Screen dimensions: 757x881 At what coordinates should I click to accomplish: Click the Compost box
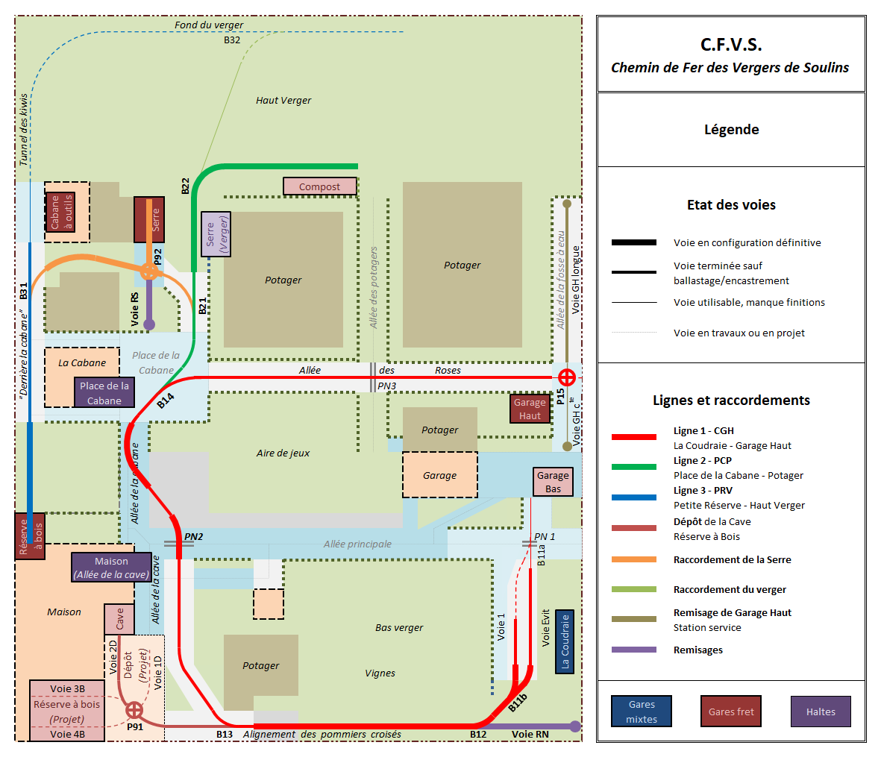tap(319, 186)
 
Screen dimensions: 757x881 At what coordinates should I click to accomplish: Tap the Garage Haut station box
tap(530, 409)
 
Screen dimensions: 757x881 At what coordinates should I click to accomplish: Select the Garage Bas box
tap(553, 482)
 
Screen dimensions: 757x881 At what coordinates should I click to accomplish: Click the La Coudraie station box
tap(565, 641)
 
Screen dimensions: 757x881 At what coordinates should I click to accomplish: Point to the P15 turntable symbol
tap(567, 377)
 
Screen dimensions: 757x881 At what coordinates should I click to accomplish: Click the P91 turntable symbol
tap(134, 709)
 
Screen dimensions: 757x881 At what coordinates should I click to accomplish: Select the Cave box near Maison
tap(119, 619)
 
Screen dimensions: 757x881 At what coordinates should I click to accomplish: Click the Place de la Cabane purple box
tap(104, 392)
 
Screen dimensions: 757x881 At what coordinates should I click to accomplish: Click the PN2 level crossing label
tap(193, 536)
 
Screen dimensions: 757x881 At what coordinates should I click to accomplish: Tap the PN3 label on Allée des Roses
tap(386, 386)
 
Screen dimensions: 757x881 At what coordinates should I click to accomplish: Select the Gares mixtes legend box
tap(641, 712)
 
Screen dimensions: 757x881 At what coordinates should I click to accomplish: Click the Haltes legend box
tap(820, 712)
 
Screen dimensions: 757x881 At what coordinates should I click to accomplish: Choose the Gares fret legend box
tap(730, 712)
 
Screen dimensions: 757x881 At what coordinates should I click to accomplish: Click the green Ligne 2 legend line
tap(633, 467)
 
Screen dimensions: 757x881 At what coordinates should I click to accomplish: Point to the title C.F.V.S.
tap(730, 45)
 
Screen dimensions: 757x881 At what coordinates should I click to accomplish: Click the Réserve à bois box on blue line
tap(30, 535)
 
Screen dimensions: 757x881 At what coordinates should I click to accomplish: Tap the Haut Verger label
tap(283, 100)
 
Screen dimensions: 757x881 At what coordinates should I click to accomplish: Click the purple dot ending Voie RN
tap(574, 726)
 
